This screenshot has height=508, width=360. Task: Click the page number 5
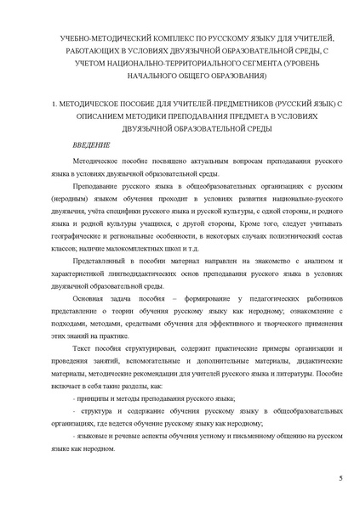pos(340,480)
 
